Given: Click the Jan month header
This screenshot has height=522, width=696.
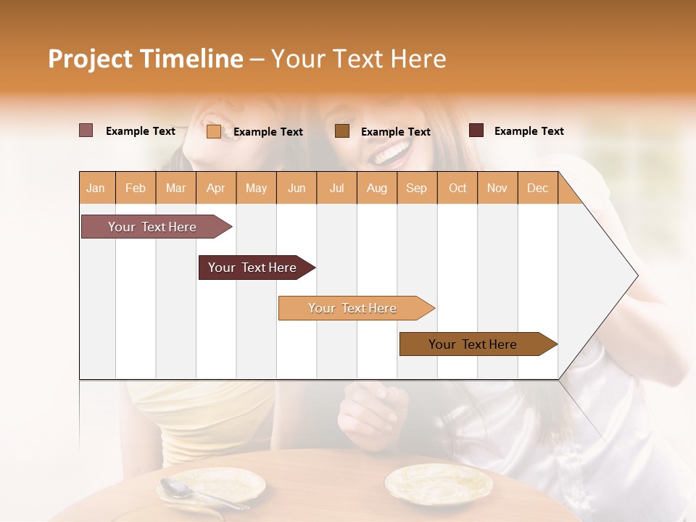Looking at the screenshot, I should point(96,188).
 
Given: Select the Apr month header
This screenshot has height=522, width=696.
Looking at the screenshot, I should point(215,188).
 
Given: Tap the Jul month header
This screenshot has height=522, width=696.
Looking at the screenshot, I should point(336,188).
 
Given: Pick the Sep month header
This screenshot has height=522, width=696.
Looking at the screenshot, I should point(416,188).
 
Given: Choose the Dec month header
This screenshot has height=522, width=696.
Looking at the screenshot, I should point(537,188).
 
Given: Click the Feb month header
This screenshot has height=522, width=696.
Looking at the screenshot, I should point(136,188).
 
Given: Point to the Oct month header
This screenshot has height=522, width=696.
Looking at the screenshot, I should point(457,188).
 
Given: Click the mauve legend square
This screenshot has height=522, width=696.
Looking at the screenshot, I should point(86,130).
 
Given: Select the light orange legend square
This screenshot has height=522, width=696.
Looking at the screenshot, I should point(214,131).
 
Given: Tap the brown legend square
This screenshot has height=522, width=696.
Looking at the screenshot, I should point(342,130).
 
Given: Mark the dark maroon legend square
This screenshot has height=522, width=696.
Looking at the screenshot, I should point(476,130).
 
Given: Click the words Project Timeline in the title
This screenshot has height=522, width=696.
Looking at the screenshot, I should point(145,59).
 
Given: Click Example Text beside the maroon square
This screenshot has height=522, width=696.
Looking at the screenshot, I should point(529,131).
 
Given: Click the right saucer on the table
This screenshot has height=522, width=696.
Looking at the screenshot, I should point(438,484).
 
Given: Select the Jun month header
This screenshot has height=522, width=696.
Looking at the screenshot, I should point(297,188).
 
